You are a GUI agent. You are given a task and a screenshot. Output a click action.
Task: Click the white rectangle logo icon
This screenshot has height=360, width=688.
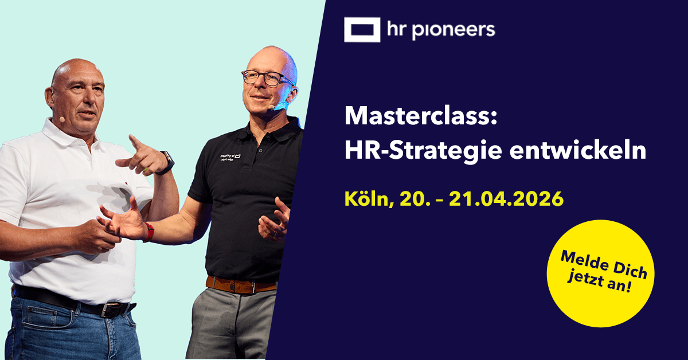coord(362,30)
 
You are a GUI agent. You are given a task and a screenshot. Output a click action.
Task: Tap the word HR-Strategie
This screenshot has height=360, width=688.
coord(416,150)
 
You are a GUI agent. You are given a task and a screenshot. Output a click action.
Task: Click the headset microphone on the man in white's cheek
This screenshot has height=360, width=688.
coord(61,120)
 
